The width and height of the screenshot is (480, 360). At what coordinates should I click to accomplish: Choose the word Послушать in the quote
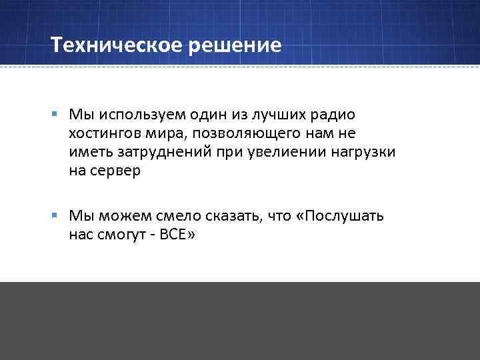click(x=344, y=216)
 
